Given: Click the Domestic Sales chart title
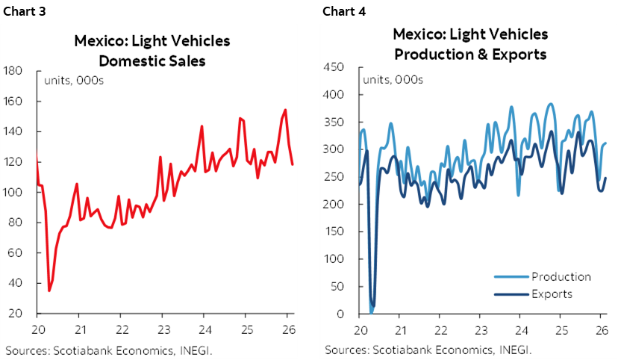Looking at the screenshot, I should [152, 50].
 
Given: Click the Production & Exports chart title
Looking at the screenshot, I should [470, 44].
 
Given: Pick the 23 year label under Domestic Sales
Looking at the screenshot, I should [162, 329].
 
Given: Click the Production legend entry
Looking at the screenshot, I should [561, 277].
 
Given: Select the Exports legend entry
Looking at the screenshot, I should [552, 294].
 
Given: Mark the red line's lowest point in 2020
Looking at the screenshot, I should [49, 291].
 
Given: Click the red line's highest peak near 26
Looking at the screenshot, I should [285, 111].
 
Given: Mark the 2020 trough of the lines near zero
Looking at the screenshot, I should [372, 308].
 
